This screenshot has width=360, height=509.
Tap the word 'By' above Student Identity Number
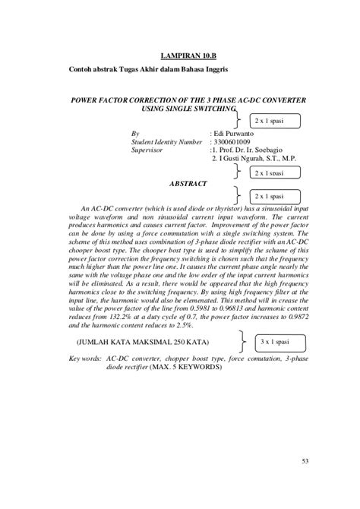[135, 132]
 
